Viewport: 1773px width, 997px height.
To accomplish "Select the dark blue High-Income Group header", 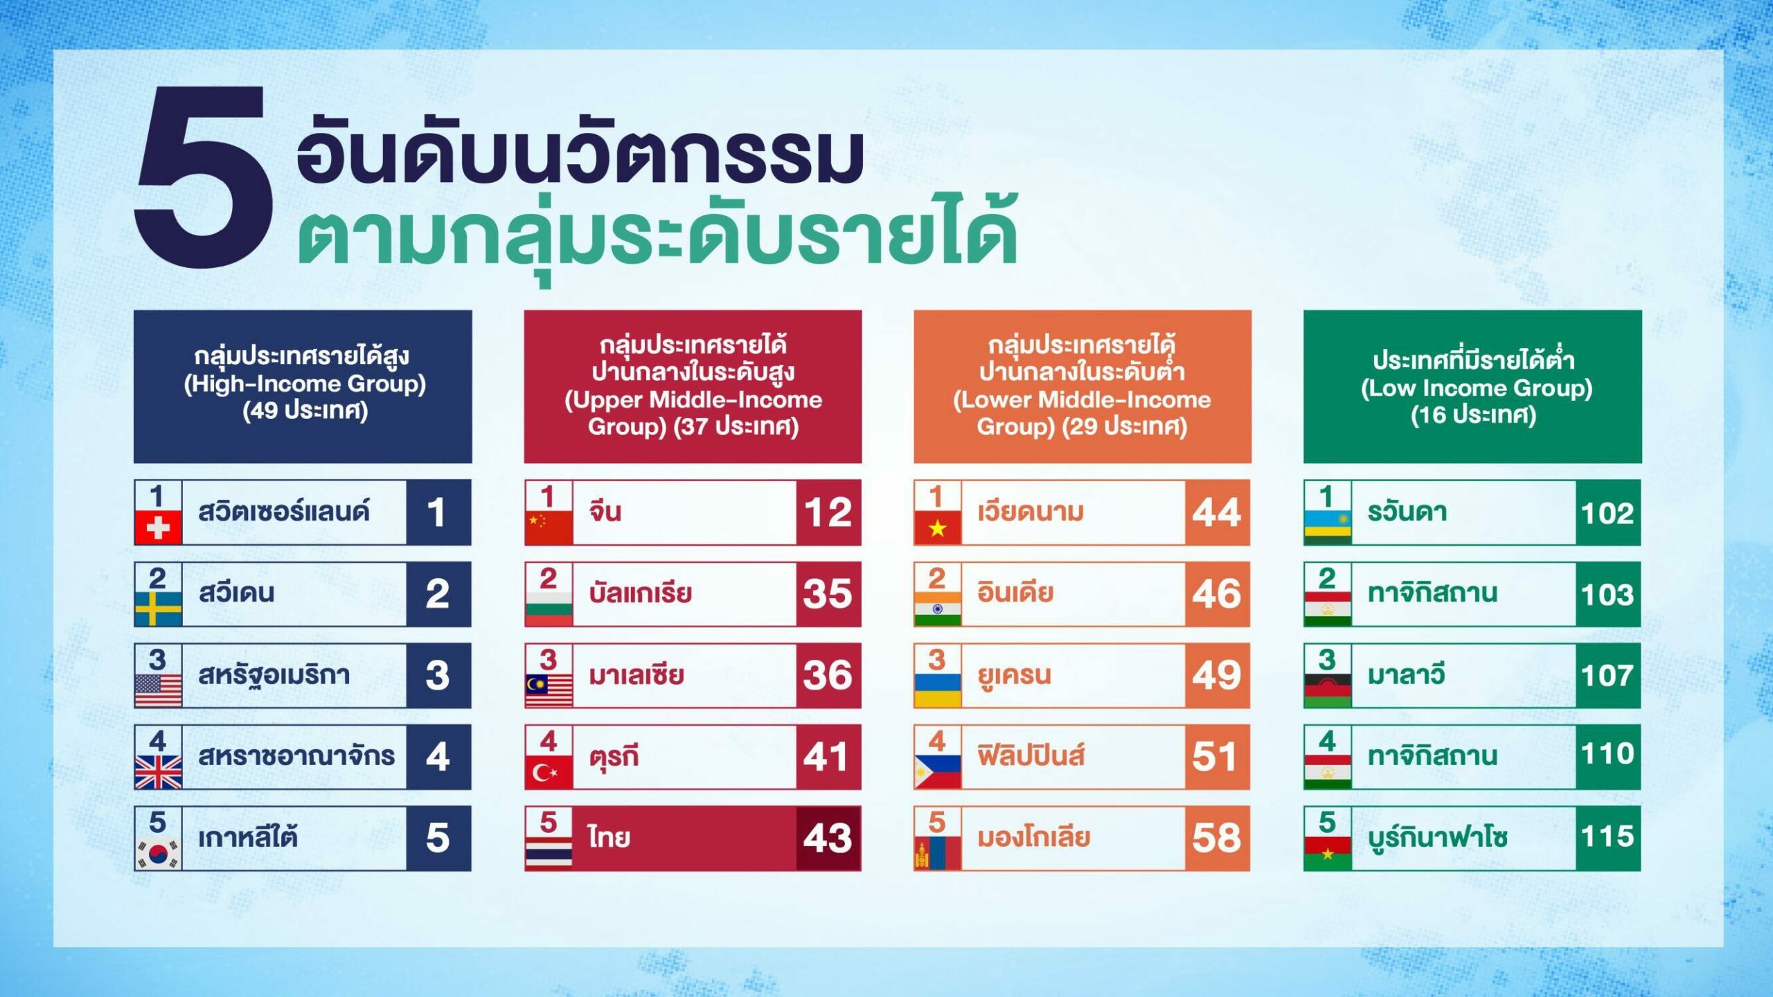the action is (x=303, y=386).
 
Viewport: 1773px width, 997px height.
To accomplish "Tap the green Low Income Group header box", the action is (x=1472, y=386).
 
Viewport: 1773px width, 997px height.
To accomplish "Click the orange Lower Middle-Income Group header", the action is (x=1082, y=386).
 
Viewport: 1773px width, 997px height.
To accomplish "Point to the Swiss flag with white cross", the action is (x=159, y=528).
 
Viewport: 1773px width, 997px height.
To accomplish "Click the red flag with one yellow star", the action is (x=938, y=528).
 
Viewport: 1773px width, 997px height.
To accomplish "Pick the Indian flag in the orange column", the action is (x=938, y=609).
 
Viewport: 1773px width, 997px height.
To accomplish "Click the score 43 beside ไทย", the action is (x=828, y=838).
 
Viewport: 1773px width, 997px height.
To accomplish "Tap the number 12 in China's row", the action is (x=828, y=513).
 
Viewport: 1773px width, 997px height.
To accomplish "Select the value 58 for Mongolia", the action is (x=1217, y=838).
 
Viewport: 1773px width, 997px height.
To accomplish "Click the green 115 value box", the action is (x=1608, y=838).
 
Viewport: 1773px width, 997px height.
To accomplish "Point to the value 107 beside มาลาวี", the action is (x=1608, y=676).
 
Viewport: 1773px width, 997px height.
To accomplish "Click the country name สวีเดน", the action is (x=237, y=593).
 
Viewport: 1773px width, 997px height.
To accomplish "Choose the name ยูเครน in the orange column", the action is (x=1015, y=675).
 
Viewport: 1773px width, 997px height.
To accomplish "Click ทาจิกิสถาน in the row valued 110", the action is (x=1432, y=755).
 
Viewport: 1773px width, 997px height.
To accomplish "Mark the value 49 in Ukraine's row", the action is (x=1217, y=676).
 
